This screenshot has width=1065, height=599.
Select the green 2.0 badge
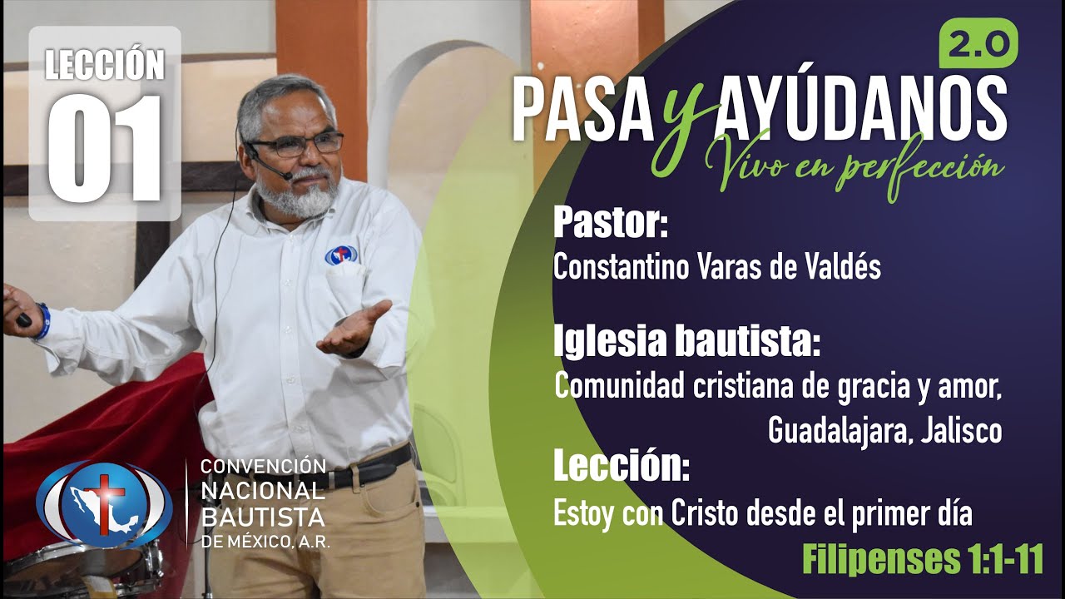pos(978,43)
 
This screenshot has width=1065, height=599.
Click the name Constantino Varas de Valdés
pos(716,268)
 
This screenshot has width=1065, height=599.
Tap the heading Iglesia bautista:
pos(687,341)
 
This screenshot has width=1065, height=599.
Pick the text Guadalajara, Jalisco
pos(884,430)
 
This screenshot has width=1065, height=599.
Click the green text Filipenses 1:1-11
pos(923,560)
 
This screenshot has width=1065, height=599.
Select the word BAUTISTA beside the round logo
pos(263,517)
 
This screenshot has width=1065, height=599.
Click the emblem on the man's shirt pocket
pos(342,255)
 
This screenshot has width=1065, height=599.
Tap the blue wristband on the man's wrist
pos(41,322)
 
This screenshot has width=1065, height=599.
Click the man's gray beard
pos(295,196)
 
